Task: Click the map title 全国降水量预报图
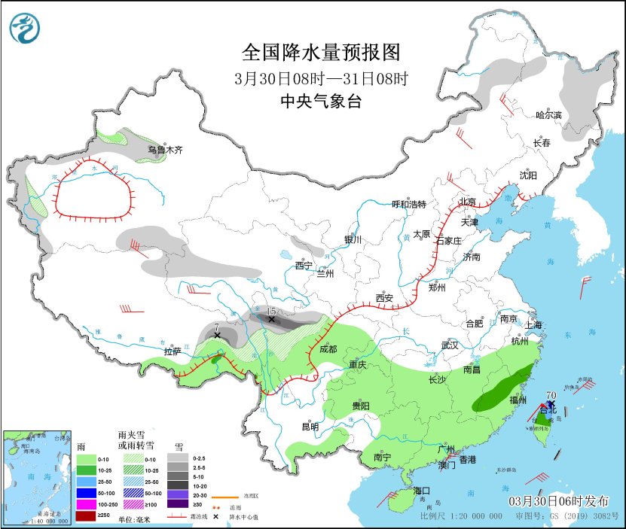click(320, 53)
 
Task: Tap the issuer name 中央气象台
click(320, 101)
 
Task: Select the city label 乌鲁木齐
click(165, 150)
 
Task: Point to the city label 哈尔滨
click(549, 115)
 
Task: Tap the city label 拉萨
click(173, 351)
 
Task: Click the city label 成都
click(328, 349)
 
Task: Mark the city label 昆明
click(310, 427)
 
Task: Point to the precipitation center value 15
click(271, 310)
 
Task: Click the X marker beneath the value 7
click(217, 335)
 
